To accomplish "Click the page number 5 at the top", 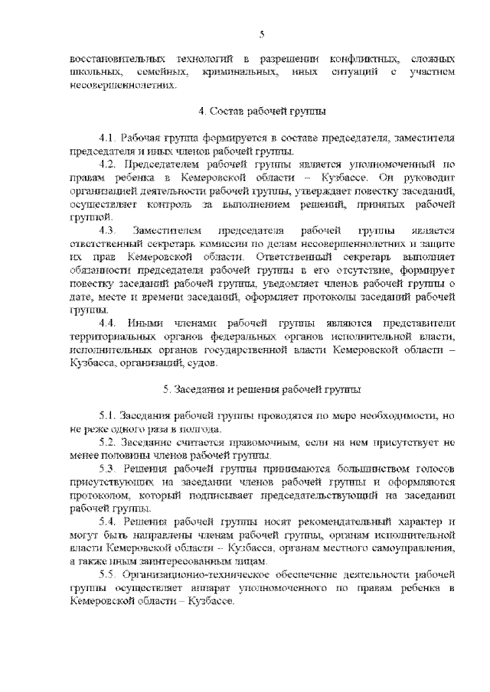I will coord(262,34).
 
